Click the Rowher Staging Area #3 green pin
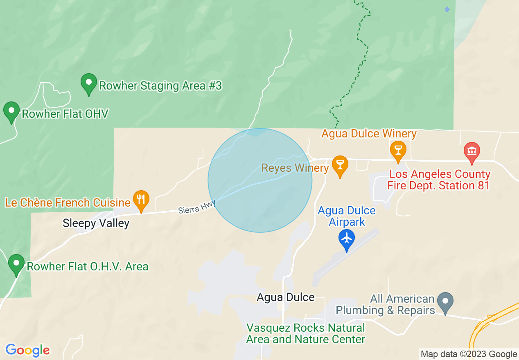[88, 83]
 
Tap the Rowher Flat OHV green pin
[11, 112]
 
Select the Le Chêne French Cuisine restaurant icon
[141, 200]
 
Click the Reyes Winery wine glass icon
[339, 165]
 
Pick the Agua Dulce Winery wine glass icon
[397, 150]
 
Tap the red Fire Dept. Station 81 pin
[472, 152]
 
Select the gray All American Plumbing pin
[445, 302]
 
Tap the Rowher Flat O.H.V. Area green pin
[16, 264]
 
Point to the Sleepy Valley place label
[96, 223]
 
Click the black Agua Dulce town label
[286, 297]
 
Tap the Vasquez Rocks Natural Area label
[305, 333]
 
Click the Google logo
[27, 350]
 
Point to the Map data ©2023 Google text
[469, 354]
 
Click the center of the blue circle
[260, 180]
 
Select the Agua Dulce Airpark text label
[347, 216]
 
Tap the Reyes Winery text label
[295, 168]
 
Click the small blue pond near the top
[447, 9]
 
